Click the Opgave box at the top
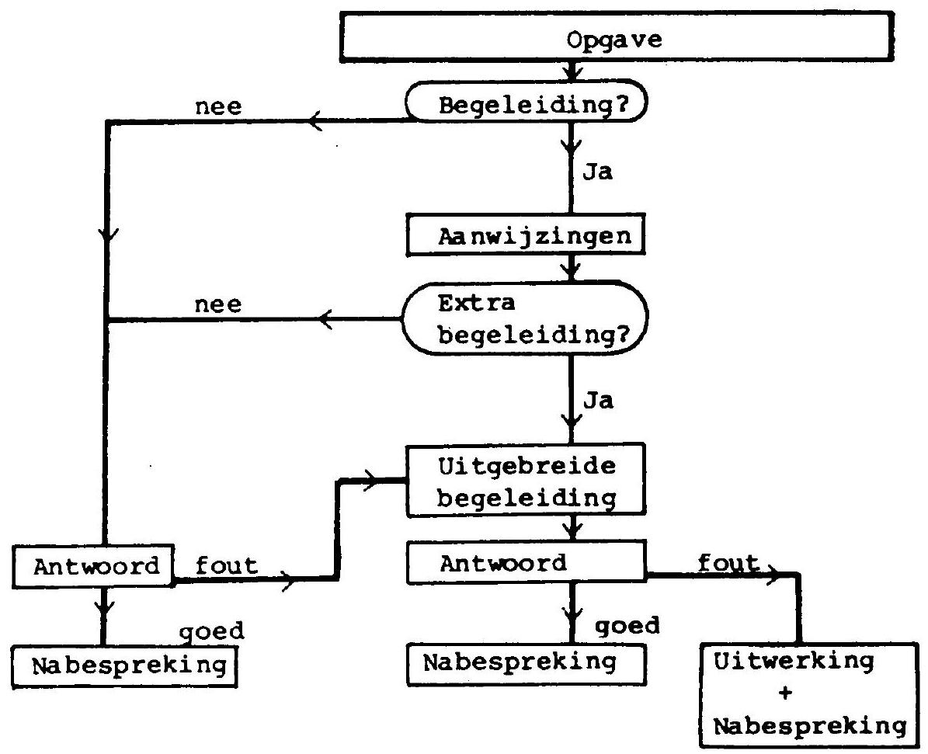click(x=617, y=36)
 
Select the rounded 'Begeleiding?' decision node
click(x=527, y=102)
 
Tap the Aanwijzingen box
click(x=526, y=235)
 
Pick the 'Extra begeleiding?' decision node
click(x=525, y=318)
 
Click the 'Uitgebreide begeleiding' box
click(x=526, y=480)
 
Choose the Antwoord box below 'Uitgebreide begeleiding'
click(x=526, y=561)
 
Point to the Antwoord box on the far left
click(x=93, y=566)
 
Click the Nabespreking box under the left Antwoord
click(x=125, y=665)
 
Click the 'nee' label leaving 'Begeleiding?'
click(x=218, y=107)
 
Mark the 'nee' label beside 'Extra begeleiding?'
click(x=218, y=305)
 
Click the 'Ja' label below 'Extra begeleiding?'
click(x=599, y=401)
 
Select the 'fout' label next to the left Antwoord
click(x=227, y=565)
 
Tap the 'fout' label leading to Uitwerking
click(x=728, y=562)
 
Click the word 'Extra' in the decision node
click(x=477, y=303)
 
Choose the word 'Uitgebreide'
click(x=527, y=467)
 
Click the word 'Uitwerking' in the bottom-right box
click(x=794, y=661)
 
